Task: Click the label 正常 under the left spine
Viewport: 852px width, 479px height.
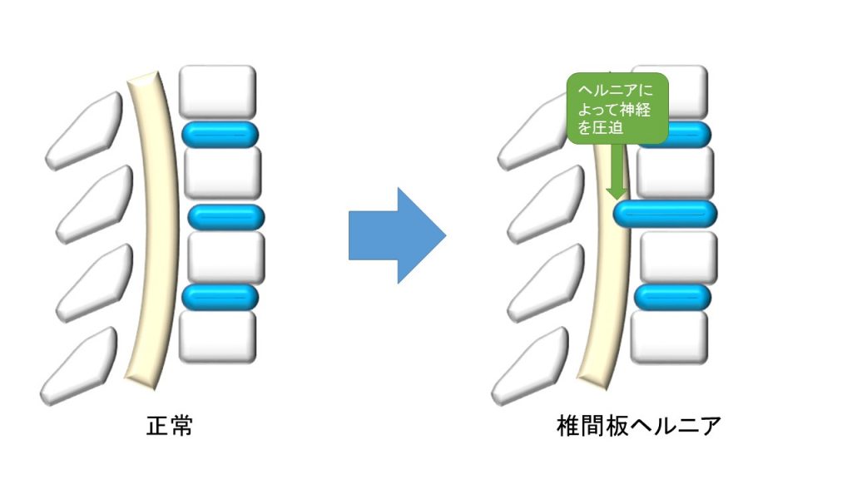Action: tap(169, 427)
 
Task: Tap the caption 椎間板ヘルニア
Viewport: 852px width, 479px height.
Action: tap(638, 427)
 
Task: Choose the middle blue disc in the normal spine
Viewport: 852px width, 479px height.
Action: tap(225, 217)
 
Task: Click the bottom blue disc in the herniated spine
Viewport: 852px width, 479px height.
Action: tap(672, 297)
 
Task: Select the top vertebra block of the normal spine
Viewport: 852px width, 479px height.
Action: tap(218, 91)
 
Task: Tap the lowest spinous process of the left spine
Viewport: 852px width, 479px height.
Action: tap(79, 366)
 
